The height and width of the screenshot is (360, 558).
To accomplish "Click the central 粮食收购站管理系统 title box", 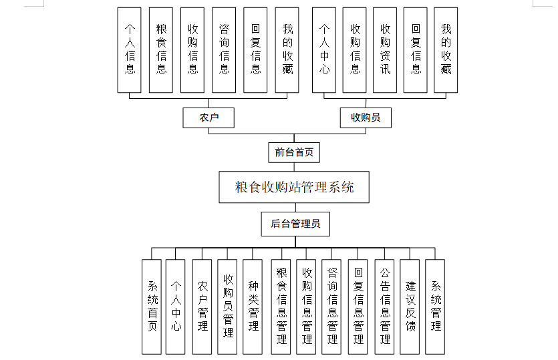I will pos(294,187).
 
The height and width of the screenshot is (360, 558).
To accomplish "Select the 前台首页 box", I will pos(294,152).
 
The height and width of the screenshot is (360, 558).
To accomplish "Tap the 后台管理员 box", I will pos(295,224).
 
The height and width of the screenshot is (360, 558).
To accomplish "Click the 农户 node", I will pos(208,118).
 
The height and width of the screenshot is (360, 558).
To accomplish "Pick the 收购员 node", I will pos(366,118).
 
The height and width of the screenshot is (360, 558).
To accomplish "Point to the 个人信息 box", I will pos(130,50).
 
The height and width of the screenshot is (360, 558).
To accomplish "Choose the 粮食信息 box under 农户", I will pos(161,50).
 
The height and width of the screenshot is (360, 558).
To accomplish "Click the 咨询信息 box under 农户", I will pos(224,50).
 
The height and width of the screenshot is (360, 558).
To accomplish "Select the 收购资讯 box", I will pos(385,50).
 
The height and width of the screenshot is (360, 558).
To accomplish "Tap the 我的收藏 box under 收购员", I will pos(446,50).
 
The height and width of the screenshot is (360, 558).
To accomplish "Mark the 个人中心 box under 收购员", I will pos(324,50).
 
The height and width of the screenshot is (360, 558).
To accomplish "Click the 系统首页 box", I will pos(152,307).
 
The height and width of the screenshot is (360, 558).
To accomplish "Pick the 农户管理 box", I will pos(202,307).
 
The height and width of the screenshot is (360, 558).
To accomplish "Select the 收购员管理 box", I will pos(228,307).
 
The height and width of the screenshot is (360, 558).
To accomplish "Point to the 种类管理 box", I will pos(253,307).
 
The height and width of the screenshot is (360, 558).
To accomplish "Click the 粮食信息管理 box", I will pos(281,307).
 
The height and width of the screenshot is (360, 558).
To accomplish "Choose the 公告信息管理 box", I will pos(384,307).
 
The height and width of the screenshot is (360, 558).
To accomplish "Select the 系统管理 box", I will pos(435,307).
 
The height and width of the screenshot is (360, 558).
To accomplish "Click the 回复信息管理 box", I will pos(358,307).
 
